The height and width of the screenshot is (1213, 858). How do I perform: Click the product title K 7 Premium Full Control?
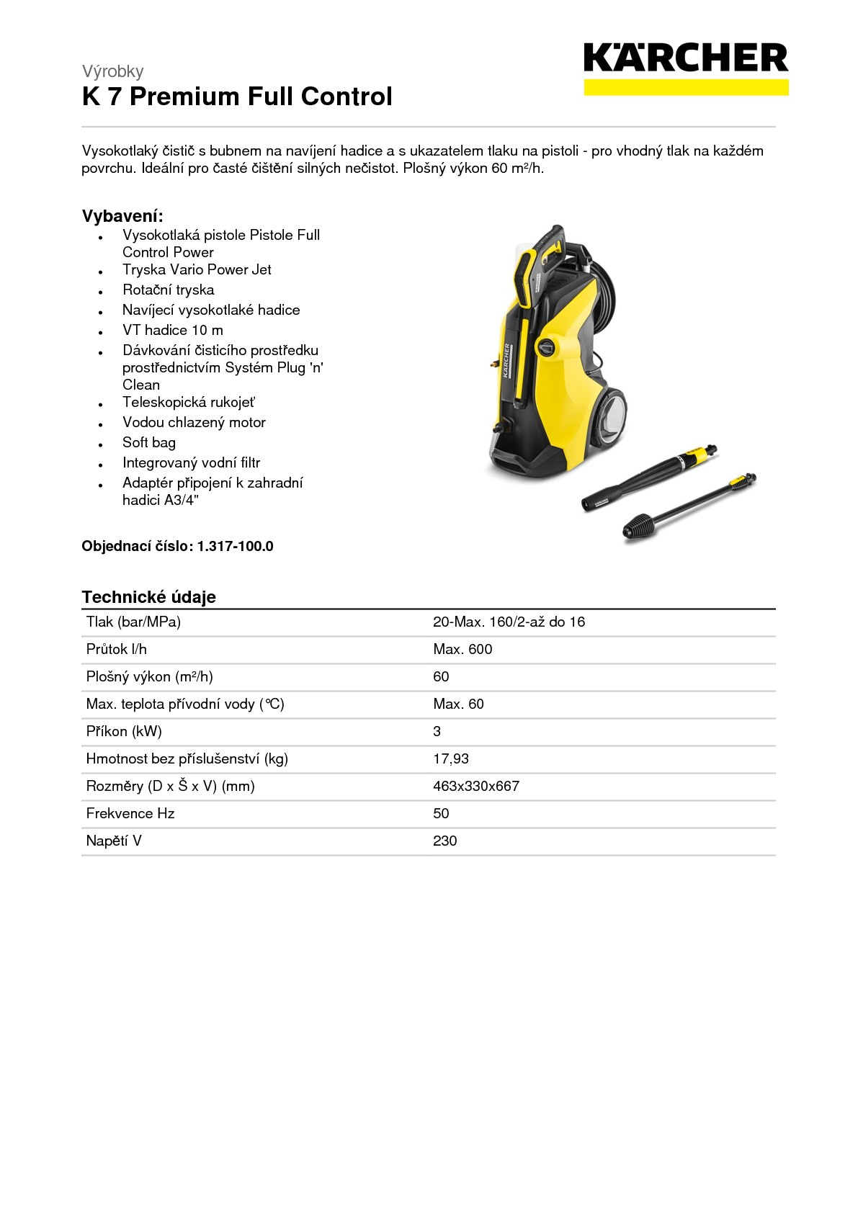click(237, 97)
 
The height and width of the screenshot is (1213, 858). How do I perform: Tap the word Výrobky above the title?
click(112, 71)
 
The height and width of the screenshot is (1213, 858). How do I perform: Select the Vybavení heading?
click(122, 216)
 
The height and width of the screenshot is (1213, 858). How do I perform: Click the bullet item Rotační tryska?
click(168, 290)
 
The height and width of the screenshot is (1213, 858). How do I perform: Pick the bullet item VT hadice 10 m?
click(172, 330)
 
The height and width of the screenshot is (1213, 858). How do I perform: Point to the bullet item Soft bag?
click(148, 442)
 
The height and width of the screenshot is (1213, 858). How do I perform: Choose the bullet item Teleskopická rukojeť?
click(188, 402)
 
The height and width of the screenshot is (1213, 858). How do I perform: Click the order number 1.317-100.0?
click(235, 546)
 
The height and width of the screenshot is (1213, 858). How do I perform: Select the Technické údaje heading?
click(148, 596)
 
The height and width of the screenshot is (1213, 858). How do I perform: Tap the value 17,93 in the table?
click(450, 758)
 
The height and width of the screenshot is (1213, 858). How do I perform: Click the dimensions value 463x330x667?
click(475, 786)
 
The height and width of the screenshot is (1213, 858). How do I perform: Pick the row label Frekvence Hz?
click(130, 813)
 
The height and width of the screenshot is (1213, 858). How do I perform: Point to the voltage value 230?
click(444, 841)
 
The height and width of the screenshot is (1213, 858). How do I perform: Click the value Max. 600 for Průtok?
click(462, 649)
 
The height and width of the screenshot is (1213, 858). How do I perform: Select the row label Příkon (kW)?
click(124, 731)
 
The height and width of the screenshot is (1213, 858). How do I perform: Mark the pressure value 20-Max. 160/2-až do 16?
click(509, 622)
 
